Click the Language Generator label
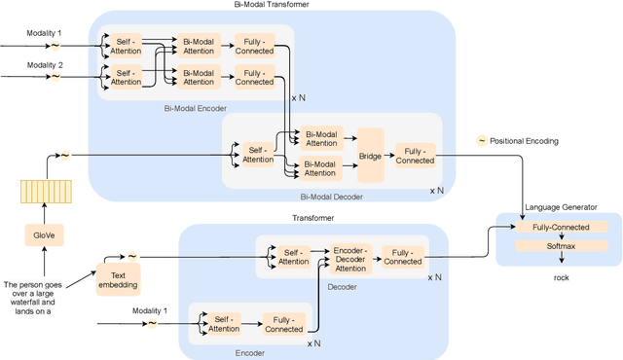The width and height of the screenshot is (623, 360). [x=560, y=206]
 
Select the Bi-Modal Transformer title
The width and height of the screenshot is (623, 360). [x=275, y=6]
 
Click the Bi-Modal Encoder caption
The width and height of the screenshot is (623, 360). [x=195, y=108]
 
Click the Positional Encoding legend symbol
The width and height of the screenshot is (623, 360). [x=481, y=141]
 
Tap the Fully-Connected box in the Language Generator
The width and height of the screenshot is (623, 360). [x=559, y=227]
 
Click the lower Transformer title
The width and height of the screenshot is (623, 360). [x=313, y=219]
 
